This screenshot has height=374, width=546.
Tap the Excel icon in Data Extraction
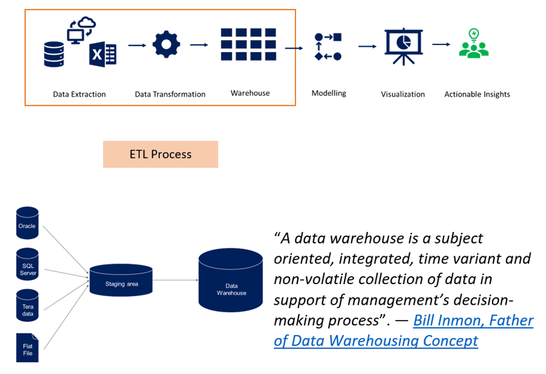click(x=103, y=55)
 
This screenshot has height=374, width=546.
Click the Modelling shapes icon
click(x=328, y=47)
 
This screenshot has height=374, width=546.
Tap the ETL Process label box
click(x=160, y=154)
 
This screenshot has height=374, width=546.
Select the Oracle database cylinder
click(x=27, y=223)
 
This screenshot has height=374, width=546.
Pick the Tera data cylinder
click(x=27, y=307)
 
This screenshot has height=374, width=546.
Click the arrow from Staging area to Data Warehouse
click(x=175, y=280)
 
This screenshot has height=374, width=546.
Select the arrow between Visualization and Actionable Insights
click(x=441, y=44)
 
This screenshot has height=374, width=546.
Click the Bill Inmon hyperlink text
click(x=473, y=321)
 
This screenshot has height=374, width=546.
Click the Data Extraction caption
click(x=79, y=94)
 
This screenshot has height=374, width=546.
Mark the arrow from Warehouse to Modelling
click(x=294, y=47)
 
